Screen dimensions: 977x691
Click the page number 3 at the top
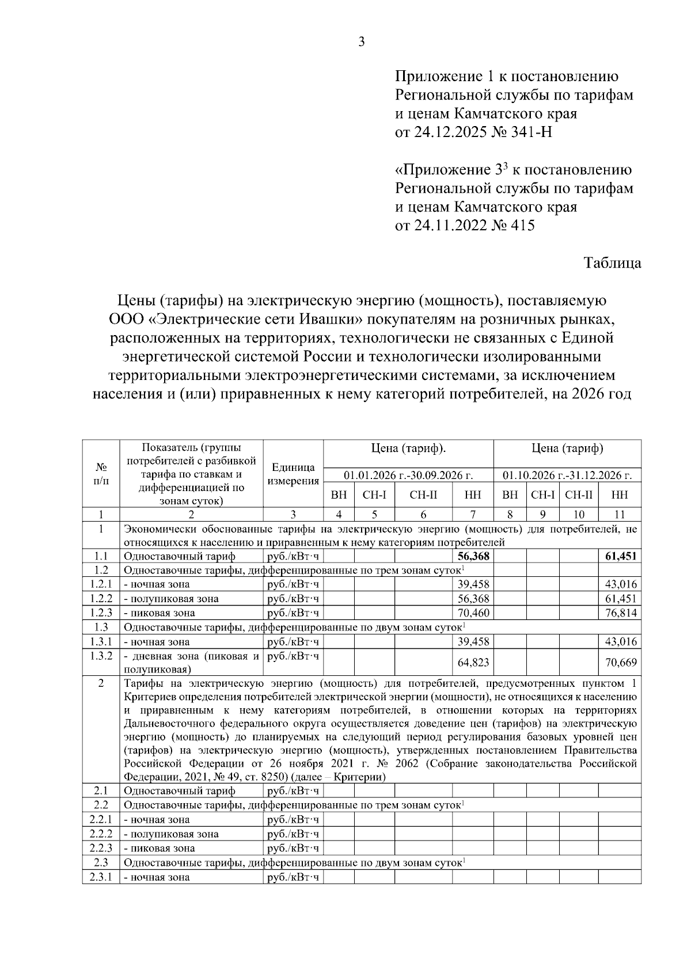point(361,42)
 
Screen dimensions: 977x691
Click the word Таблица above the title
point(612,263)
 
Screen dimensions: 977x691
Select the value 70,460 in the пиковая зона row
point(473,613)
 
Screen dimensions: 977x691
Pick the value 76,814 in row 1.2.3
point(621,613)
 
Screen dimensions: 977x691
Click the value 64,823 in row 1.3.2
point(473,663)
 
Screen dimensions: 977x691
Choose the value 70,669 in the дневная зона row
point(621,663)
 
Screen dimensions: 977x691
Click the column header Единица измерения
point(293,474)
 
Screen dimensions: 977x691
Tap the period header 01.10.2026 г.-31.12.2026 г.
point(567,476)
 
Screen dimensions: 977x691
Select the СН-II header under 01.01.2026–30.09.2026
point(423,495)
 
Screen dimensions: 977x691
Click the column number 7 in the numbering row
point(473,515)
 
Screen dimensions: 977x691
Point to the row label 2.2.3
point(101,848)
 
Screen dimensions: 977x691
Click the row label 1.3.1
point(101,641)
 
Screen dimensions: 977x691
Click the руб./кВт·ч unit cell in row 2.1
point(293,790)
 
